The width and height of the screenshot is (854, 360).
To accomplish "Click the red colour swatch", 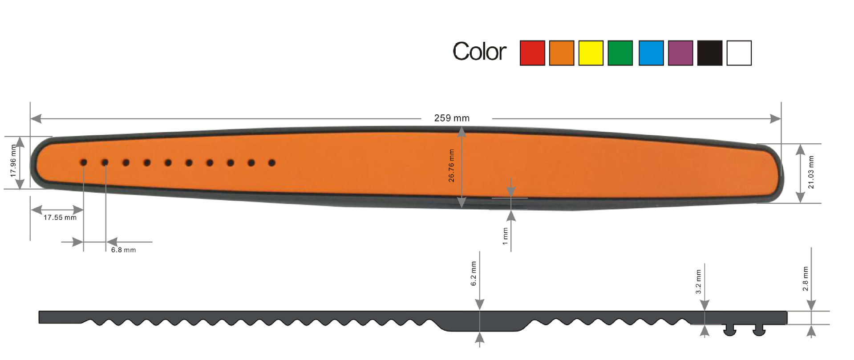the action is [532, 53].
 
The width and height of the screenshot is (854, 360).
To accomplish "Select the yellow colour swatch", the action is [591, 53].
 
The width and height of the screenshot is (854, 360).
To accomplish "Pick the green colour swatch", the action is [620, 53].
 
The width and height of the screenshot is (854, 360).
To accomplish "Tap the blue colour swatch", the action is [651, 53].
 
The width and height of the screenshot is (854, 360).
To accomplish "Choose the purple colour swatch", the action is [680, 53].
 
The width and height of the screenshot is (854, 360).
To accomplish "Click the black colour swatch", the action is [709, 53].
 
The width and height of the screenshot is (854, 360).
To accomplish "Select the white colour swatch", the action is [739, 53].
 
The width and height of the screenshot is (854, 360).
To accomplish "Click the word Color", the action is [479, 52].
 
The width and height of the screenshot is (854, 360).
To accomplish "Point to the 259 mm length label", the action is [452, 118].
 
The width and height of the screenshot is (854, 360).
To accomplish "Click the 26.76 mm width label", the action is [451, 166].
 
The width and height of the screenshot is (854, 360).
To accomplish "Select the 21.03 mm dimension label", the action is [811, 172].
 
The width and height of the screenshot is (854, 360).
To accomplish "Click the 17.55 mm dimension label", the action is [60, 218].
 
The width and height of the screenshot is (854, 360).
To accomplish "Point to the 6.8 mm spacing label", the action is [123, 250].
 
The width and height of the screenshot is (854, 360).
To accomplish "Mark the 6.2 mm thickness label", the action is [474, 273].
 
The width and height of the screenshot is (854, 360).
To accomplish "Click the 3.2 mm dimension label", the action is [698, 282].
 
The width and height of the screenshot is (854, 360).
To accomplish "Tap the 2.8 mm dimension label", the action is [805, 279].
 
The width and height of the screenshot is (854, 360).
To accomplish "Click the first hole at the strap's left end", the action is [83, 162].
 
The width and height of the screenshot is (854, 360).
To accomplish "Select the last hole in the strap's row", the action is [272, 163].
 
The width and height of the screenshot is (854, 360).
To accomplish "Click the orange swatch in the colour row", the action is [561, 53].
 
